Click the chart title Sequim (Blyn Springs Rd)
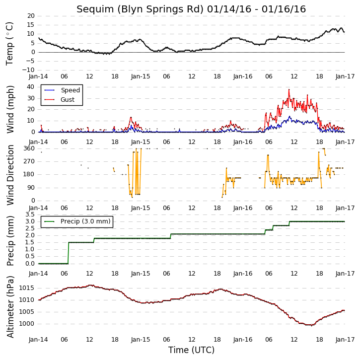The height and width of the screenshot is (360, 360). coord(140,9)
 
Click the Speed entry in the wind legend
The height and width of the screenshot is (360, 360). coord(62,90)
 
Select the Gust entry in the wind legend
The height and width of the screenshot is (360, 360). coord(60,100)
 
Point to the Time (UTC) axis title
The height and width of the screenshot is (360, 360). coord(191,350)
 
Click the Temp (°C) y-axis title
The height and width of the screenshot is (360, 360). coord(9,44)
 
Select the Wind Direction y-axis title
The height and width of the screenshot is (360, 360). coord(10,175)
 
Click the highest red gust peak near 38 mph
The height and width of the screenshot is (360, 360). coord(289,90)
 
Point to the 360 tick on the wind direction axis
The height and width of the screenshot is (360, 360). coord(29,148)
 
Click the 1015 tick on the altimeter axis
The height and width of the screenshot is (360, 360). coord(26,288)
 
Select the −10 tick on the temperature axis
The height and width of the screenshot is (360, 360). coord(28,70)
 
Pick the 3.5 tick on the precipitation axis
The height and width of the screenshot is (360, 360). coord(30,215)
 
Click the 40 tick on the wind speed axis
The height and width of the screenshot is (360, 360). coord(30,87)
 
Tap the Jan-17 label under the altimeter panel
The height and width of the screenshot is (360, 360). coord(345,339)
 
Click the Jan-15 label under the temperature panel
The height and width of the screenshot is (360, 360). coord(141,76)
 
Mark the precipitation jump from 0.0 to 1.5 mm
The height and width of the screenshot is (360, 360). coord(69,253)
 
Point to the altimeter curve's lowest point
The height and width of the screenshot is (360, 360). coord(311,325)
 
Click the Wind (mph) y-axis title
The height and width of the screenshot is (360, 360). coord(10,109)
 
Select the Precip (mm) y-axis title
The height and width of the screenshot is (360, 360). coord(10,241)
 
